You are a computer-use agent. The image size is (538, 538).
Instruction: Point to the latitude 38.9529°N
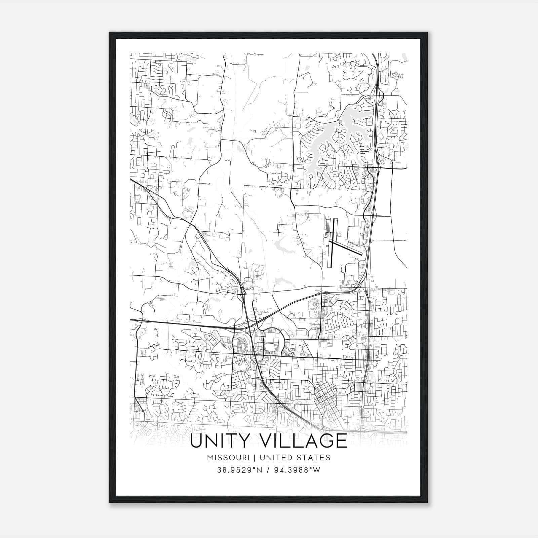[240, 470]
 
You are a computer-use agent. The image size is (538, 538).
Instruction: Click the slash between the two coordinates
[269, 470]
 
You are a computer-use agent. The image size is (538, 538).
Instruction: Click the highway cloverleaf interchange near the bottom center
[251, 324]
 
